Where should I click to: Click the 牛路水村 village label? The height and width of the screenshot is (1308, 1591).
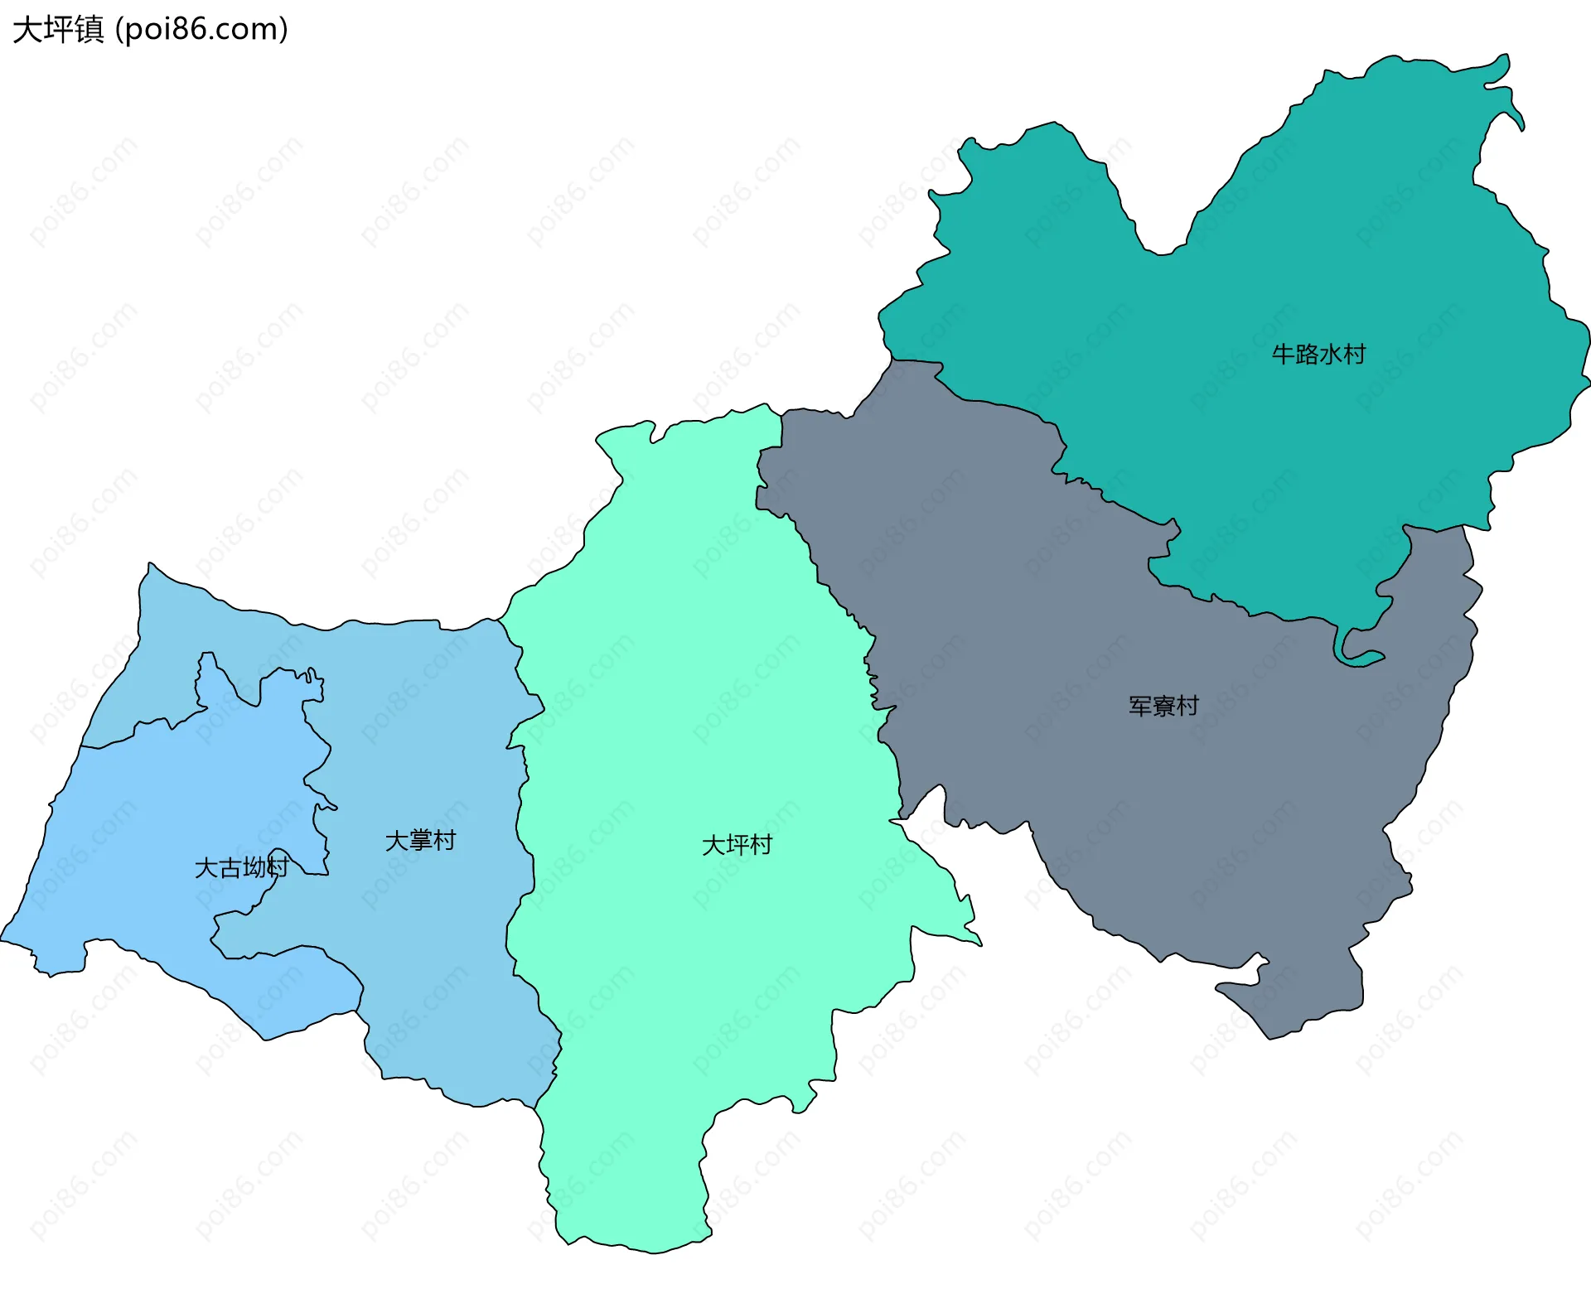tap(1318, 355)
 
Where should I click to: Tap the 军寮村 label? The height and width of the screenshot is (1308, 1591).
tap(1163, 706)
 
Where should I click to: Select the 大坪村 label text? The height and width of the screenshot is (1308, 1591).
tap(737, 845)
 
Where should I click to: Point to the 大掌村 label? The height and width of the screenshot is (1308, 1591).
tap(420, 841)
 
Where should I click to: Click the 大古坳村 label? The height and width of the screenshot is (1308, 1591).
tap(241, 867)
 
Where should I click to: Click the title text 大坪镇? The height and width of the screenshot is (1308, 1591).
tap(58, 30)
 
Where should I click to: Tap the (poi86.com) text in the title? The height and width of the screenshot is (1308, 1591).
tap(201, 30)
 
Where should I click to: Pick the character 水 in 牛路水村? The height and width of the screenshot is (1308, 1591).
tap(1330, 355)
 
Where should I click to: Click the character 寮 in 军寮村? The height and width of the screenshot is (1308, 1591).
tap(1163, 706)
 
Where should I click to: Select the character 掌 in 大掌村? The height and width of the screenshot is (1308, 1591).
tap(420, 841)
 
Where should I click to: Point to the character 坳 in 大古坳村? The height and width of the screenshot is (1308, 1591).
tap(254, 867)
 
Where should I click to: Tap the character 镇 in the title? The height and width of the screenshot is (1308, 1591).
tap(89, 30)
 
